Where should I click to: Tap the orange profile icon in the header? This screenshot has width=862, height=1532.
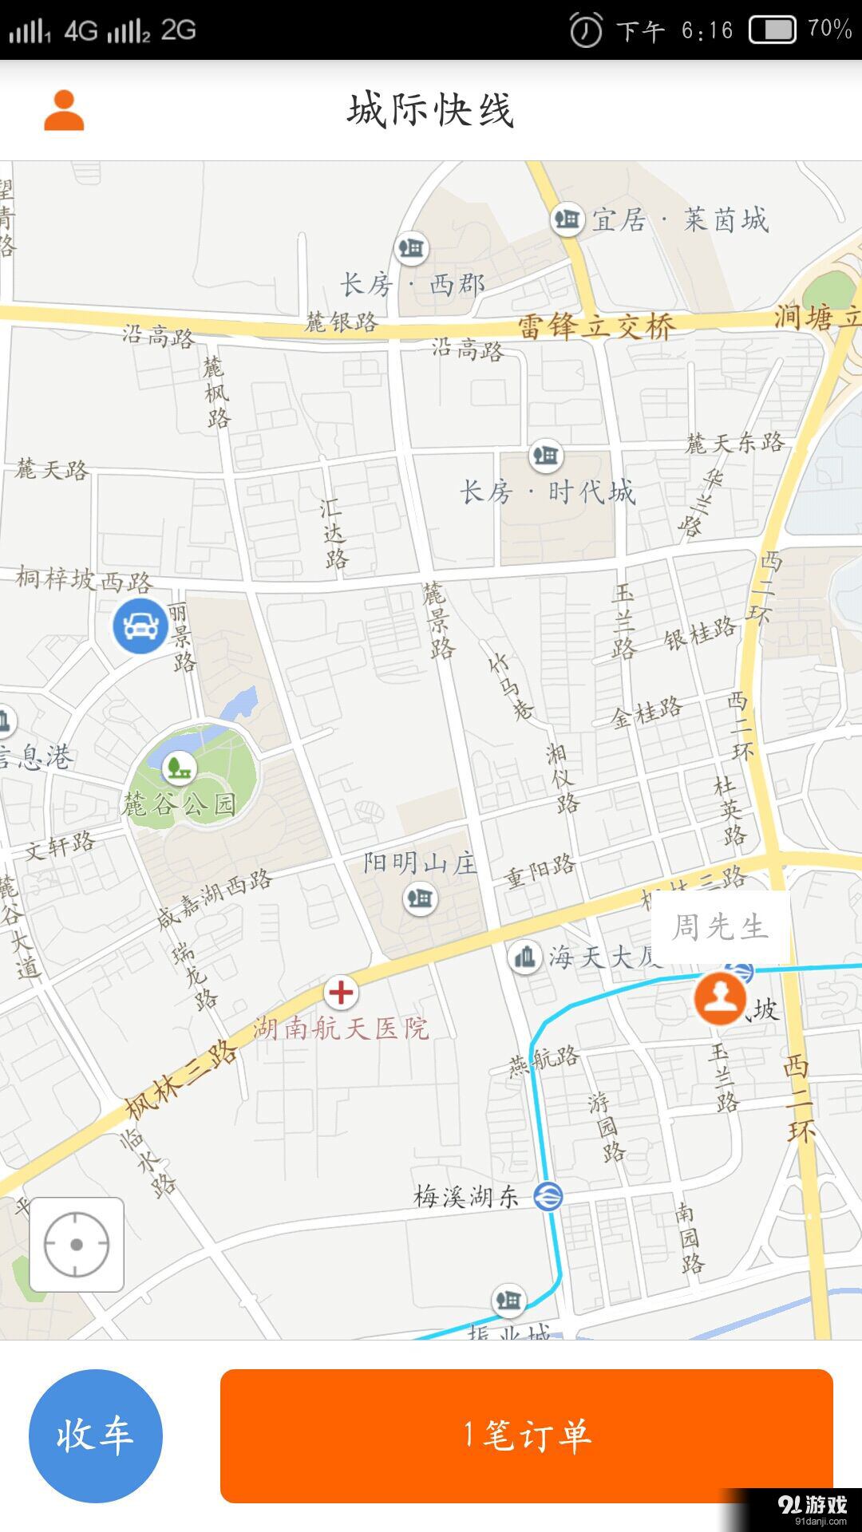(x=64, y=110)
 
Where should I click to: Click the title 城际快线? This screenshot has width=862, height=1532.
(x=430, y=110)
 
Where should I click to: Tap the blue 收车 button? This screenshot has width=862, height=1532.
(x=96, y=1435)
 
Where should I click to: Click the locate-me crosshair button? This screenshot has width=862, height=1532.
(x=77, y=1244)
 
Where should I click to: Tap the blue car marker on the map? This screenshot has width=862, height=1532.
(x=140, y=626)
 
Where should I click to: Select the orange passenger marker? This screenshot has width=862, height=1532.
(x=721, y=997)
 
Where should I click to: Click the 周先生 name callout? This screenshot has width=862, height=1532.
(x=721, y=927)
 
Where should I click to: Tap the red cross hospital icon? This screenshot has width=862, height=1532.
(x=342, y=993)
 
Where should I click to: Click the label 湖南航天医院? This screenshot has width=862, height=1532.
(x=342, y=1029)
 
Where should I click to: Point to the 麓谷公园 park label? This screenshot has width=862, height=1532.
(x=179, y=804)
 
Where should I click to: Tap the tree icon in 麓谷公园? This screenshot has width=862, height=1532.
(x=179, y=768)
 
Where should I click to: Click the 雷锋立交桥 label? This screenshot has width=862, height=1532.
(x=596, y=326)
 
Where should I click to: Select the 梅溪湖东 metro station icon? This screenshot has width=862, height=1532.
(x=548, y=1196)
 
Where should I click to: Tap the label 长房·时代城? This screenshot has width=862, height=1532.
(x=548, y=492)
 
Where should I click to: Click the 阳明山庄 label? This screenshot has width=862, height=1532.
(x=420, y=863)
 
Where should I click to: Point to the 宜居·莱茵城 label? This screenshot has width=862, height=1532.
(x=680, y=219)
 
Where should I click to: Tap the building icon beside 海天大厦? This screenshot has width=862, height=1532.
(x=525, y=956)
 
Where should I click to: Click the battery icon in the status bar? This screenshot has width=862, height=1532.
(x=773, y=30)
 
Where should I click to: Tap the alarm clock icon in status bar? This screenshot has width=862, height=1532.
(x=586, y=31)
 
